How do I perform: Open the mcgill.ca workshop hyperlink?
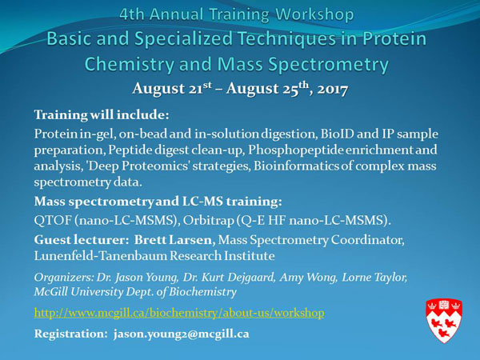pos(178,312)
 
